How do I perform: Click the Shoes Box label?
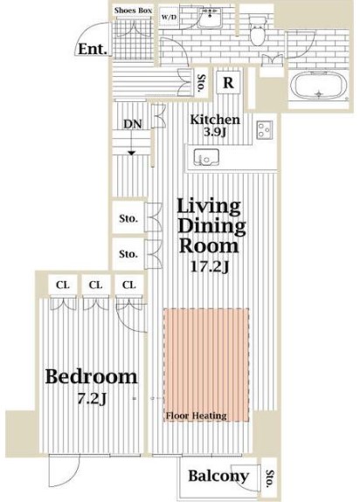pyautogui.click(x=133, y=11)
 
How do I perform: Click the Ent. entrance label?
pyautogui.click(x=91, y=50)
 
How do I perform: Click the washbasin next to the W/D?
pyautogui.click(x=209, y=21)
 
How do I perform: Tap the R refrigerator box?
pyautogui.click(x=227, y=84)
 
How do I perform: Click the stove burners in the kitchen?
pyautogui.click(x=266, y=129)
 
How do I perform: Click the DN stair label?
pyautogui.click(x=132, y=124)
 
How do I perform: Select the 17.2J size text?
pyautogui.click(x=209, y=266)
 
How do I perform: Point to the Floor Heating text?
pyautogui.click(x=197, y=416)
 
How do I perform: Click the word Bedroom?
pyautogui.click(x=91, y=377)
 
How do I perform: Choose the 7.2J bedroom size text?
pyautogui.click(x=92, y=399)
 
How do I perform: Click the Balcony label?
pyautogui.click(x=218, y=477)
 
